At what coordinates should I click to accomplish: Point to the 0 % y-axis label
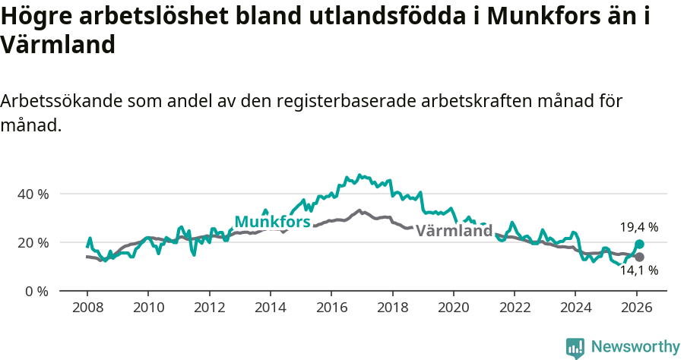pos(36,292)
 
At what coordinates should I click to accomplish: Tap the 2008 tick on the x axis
pos(87,310)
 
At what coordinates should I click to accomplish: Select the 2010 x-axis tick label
pos(148,310)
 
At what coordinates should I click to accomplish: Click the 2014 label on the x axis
pos(270,310)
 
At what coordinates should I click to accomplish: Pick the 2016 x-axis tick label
pos(331,310)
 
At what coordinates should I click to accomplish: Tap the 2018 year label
pos(392,310)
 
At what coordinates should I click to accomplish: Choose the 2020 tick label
pos(454,310)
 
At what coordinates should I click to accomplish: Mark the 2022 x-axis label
pos(515,310)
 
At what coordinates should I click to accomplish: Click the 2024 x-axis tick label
pos(575,310)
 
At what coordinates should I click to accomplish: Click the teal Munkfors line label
pos(272,222)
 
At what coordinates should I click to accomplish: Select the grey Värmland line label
pos(454,231)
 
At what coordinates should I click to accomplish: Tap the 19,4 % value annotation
pos(638,226)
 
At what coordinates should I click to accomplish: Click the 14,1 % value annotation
pos(638,270)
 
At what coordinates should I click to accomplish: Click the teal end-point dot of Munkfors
pos(639,244)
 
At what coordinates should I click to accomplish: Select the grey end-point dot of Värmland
pos(639,257)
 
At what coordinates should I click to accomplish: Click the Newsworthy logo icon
pos(575,348)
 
